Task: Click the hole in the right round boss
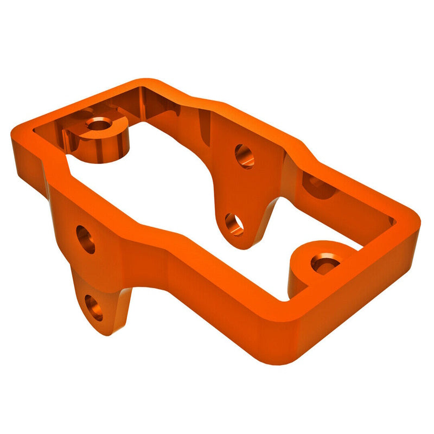tap(324, 265)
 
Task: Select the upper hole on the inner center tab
tap(244, 156)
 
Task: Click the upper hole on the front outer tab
tap(86, 240)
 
